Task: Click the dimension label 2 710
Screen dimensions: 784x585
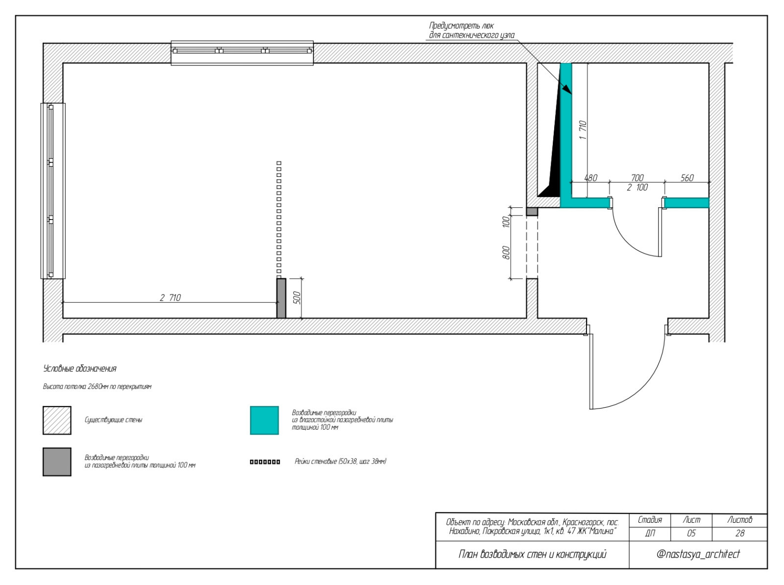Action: pyautogui.click(x=171, y=297)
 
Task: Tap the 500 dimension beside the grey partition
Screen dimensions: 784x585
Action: pyautogui.click(x=297, y=298)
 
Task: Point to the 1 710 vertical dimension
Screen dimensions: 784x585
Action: pyautogui.click(x=583, y=130)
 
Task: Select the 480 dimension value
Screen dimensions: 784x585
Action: pyautogui.click(x=590, y=178)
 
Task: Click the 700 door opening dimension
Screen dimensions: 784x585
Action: pyautogui.click(x=637, y=178)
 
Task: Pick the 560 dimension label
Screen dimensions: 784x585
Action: pyautogui.click(x=687, y=178)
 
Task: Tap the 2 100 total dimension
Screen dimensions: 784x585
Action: pyautogui.click(x=637, y=188)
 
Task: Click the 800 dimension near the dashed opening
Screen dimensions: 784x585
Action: pyautogui.click(x=506, y=252)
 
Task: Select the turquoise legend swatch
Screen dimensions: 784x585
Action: pyautogui.click(x=264, y=420)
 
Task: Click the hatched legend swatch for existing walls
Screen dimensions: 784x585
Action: pyautogui.click(x=57, y=420)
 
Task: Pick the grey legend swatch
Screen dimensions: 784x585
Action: pyautogui.click(x=57, y=462)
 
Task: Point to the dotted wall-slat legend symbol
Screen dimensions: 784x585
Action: pyautogui.click(x=265, y=462)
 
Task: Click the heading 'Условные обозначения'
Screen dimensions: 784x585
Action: pyautogui.click(x=80, y=368)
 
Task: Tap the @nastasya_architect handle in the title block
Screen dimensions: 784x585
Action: pyautogui.click(x=698, y=554)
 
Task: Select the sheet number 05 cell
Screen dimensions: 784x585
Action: pyautogui.click(x=691, y=533)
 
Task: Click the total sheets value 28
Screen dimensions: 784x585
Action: pyautogui.click(x=740, y=533)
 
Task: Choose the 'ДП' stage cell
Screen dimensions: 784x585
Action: pyautogui.click(x=650, y=533)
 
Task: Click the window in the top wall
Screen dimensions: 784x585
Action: pyautogui.click(x=242, y=53)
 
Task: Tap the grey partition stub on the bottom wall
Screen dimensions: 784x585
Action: pyautogui.click(x=281, y=298)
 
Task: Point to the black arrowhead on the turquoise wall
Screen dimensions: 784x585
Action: pyautogui.click(x=567, y=89)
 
